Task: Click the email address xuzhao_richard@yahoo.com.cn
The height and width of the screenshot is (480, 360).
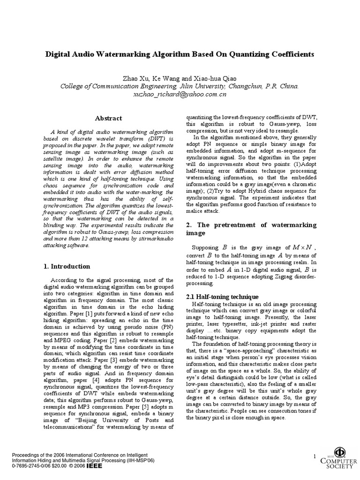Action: point(180,94)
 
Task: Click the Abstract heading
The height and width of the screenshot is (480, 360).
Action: point(108,118)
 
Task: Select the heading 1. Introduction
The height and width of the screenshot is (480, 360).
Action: point(67,266)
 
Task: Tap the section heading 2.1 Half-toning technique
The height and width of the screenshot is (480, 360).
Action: point(216,297)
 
